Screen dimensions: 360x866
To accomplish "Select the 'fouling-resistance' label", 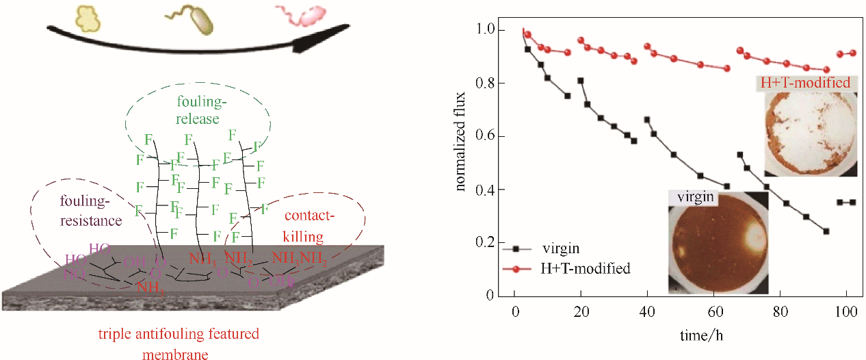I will coord(91,211).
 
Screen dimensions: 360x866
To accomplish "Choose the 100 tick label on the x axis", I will coord(847,313).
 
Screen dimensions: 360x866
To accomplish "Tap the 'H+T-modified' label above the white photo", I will coord(806,83).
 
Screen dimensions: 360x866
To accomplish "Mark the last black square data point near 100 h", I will coord(852,202).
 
